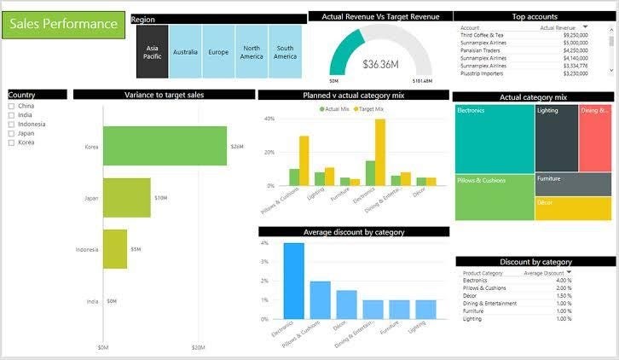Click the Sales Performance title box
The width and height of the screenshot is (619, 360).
[64, 24]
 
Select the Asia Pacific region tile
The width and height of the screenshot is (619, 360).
[153, 52]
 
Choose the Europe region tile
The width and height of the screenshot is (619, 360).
[218, 52]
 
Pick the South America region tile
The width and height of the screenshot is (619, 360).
[285, 52]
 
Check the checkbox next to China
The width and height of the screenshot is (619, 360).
[11, 107]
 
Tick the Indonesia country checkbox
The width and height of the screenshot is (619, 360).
[11, 125]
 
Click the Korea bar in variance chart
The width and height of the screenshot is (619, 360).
[165, 147]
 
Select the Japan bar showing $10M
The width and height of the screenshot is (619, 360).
[126, 198]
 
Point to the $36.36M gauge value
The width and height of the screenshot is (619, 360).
[380, 64]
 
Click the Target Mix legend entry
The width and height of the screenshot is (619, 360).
[368, 109]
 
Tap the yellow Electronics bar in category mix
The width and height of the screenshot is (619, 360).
[380, 152]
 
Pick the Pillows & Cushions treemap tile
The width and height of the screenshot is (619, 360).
[495, 197]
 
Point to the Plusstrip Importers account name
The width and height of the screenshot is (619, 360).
[483, 73]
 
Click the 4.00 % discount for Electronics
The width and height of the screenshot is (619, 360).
[563, 280]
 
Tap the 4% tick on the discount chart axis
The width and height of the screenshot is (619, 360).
[265, 243]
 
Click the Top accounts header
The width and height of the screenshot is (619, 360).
[535, 16]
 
